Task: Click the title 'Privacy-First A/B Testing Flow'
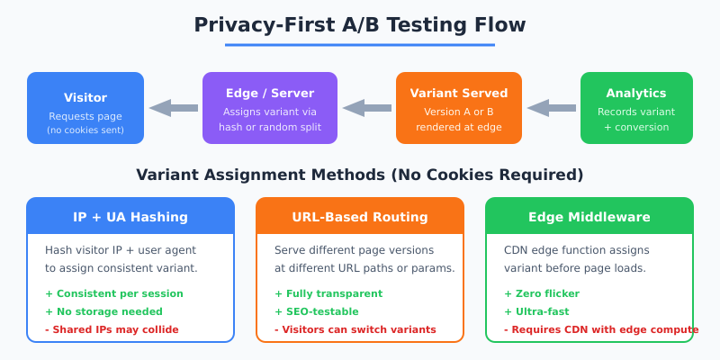360,24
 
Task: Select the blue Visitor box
85,108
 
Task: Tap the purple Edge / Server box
270,108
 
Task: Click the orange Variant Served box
459,108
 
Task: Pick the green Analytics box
636,108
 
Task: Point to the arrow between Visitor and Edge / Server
173,108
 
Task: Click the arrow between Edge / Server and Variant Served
366,108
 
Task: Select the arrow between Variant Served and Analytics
551,108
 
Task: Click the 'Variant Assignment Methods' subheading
360,175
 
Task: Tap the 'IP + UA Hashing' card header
130,216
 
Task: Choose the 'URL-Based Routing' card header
360,216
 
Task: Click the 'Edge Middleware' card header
589,216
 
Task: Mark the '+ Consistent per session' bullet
114,293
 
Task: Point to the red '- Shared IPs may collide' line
112,329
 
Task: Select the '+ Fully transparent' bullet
328,293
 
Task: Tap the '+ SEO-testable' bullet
316,311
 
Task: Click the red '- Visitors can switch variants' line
355,329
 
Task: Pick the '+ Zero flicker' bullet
542,293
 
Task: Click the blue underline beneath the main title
360,44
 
